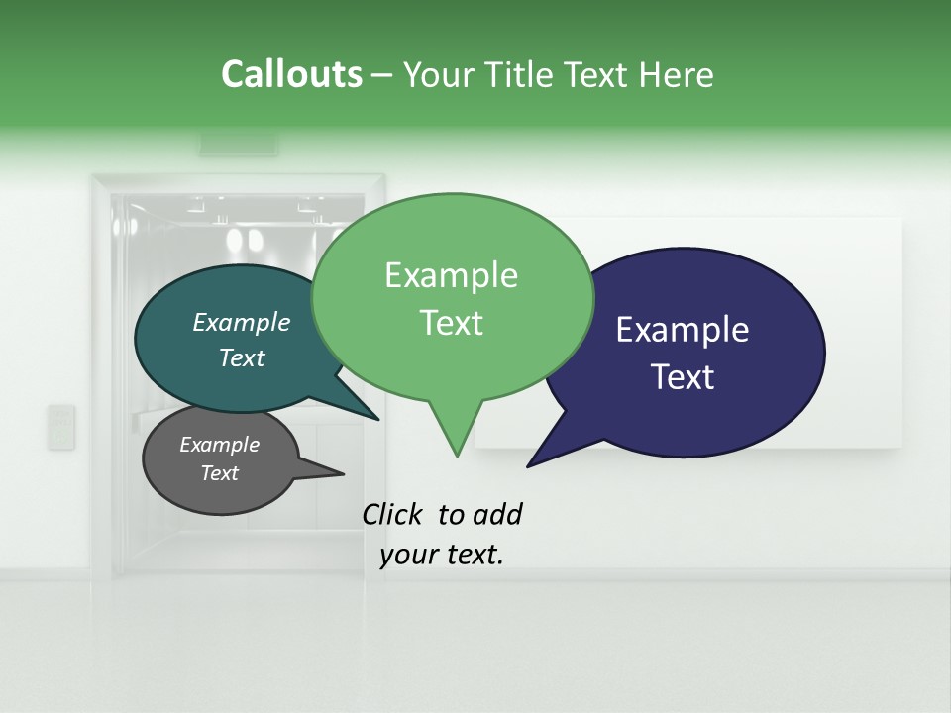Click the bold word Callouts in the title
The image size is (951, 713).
click(x=291, y=74)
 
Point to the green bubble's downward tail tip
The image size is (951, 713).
click(x=457, y=455)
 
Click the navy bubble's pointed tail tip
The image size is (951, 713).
click(x=529, y=464)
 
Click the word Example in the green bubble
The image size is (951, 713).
click(x=451, y=275)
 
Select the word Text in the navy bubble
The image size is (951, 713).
click(x=684, y=377)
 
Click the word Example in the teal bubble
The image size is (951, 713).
click(x=241, y=322)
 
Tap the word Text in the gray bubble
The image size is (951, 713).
click(x=219, y=473)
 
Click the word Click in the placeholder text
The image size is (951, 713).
click(x=391, y=514)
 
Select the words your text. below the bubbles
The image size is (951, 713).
click(x=442, y=555)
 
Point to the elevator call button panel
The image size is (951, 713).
click(x=61, y=427)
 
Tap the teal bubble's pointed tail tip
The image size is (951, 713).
click(x=377, y=419)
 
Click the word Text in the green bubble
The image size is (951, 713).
click(x=452, y=323)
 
